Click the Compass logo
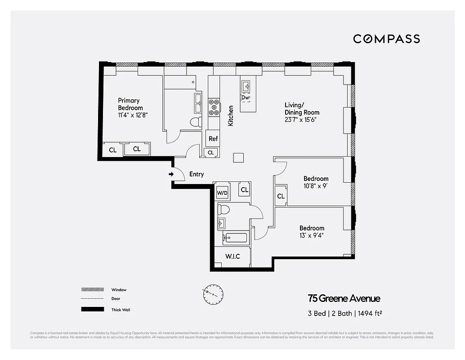click(386, 39)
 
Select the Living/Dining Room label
click(302, 109)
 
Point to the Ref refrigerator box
click(213, 139)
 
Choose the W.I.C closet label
click(232, 256)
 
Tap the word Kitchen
click(231, 115)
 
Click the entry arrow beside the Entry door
click(171, 174)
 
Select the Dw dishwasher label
click(246, 97)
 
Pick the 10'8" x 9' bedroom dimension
click(315, 186)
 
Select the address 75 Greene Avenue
click(344, 298)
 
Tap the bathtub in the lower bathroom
click(235, 238)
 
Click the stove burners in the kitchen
click(214, 108)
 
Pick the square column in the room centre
click(239, 157)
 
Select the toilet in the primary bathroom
click(196, 122)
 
